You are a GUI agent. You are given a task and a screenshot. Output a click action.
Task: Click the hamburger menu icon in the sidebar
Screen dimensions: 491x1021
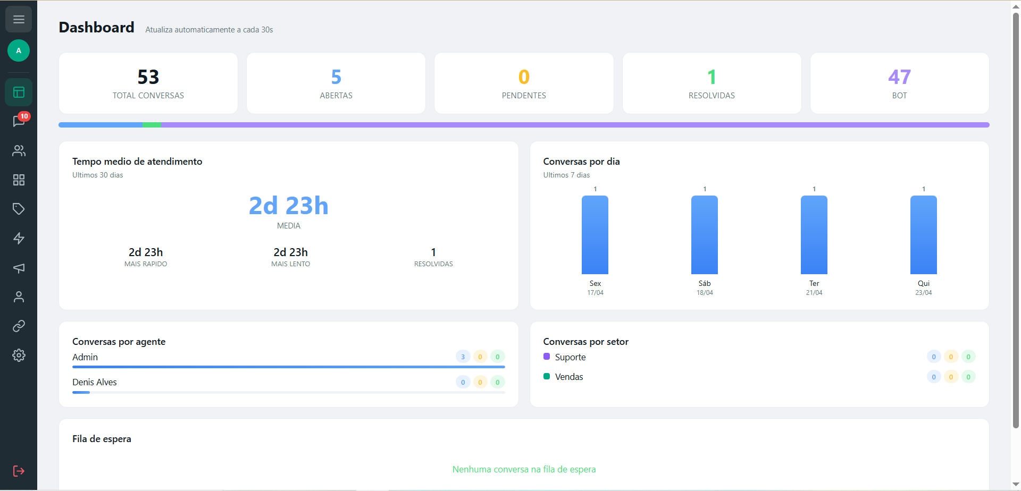[19, 20]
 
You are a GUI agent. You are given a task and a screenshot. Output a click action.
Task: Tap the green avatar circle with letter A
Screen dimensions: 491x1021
[19, 50]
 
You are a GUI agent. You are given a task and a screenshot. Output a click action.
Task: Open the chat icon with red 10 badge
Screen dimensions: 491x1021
[19, 121]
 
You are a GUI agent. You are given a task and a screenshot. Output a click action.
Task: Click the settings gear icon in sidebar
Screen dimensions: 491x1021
[19, 355]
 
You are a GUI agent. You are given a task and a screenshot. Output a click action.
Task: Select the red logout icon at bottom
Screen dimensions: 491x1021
[19, 471]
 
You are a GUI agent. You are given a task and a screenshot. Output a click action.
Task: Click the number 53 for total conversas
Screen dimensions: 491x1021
[148, 78]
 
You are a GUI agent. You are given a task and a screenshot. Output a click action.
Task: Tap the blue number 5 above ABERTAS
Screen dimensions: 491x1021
[336, 78]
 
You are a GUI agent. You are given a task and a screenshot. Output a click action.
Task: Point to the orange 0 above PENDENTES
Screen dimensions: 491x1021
[524, 78]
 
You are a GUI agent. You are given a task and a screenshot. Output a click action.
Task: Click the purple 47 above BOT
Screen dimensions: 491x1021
[899, 78]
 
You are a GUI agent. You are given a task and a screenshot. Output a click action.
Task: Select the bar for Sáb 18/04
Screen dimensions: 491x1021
[704, 235]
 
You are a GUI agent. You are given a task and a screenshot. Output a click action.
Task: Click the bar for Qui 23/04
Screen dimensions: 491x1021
[923, 235]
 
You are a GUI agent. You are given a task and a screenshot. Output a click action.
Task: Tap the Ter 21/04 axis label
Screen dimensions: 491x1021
[814, 287]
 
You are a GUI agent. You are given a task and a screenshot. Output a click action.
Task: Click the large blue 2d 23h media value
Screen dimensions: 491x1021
[289, 206]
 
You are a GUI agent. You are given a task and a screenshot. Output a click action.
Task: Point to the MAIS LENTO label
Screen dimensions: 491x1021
[290, 264]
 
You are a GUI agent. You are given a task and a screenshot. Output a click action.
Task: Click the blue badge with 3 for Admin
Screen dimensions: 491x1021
[463, 357]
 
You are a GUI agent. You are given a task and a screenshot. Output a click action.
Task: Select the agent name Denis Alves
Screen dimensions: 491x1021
[95, 382]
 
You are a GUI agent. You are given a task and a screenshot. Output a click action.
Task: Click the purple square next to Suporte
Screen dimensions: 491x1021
[547, 357]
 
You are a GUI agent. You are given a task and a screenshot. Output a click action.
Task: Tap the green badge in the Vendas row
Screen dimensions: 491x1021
[968, 377]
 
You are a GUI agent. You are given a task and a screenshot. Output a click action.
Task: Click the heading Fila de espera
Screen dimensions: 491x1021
[102, 439]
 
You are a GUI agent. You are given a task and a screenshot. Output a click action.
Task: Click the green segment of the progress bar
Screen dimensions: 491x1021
[152, 125]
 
